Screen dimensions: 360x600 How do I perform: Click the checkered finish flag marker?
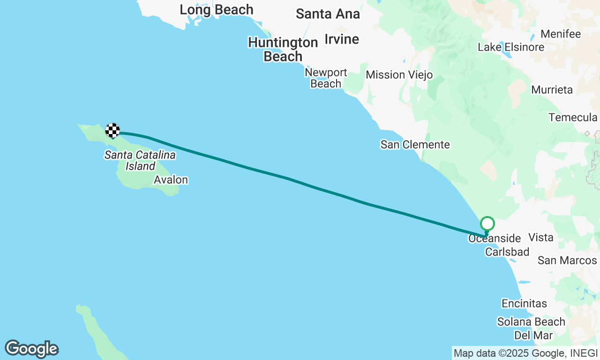click(112, 130)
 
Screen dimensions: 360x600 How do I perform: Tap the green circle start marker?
click(487, 223)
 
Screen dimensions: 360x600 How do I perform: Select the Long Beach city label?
click(217, 9)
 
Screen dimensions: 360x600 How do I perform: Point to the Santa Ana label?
click(328, 14)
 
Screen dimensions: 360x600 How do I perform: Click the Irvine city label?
click(342, 39)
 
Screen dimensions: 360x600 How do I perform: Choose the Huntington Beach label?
click(283, 49)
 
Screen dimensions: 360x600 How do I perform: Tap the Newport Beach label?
click(326, 78)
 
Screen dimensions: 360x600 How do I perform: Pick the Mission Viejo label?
click(399, 75)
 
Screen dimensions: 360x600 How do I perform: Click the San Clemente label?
click(415, 145)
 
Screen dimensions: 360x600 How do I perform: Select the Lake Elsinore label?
click(511, 47)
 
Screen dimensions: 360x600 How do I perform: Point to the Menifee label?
click(561, 34)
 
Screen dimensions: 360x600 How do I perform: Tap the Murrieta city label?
click(552, 90)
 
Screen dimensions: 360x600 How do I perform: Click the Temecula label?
click(573, 117)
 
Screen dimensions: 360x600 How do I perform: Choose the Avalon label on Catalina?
click(171, 180)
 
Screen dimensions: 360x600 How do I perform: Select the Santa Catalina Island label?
click(140, 160)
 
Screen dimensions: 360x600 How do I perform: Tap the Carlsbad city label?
click(507, 252)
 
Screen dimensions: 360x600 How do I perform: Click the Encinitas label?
click(524, 304)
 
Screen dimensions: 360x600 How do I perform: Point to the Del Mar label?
click(533, 335)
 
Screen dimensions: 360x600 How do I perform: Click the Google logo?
click(31, 349)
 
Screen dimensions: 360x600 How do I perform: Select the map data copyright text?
click(526, 353)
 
